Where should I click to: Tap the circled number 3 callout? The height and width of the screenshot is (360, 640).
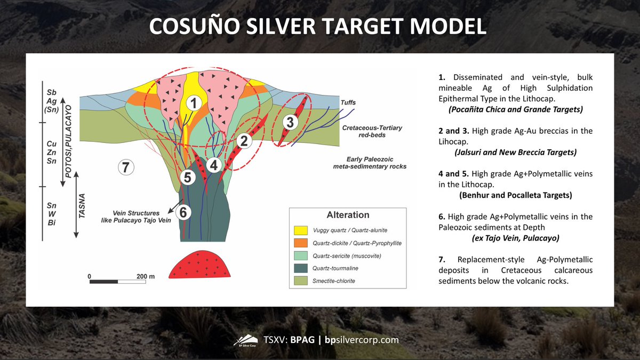[290, 122]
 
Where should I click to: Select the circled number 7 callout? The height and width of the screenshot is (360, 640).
[125, 167]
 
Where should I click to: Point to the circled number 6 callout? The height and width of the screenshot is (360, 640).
[183, 212]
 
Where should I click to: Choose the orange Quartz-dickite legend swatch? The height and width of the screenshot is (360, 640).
[301, 243]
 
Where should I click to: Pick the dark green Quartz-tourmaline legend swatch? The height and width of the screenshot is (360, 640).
[301, 268]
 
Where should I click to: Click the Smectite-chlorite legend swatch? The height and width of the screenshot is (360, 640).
[301, 281]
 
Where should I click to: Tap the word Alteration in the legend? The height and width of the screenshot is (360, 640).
[347, 215]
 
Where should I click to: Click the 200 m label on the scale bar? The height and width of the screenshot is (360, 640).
[145, 276]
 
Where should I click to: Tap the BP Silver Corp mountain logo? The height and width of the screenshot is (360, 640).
[246, 340]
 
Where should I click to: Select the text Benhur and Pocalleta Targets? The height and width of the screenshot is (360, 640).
[515, 195]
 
